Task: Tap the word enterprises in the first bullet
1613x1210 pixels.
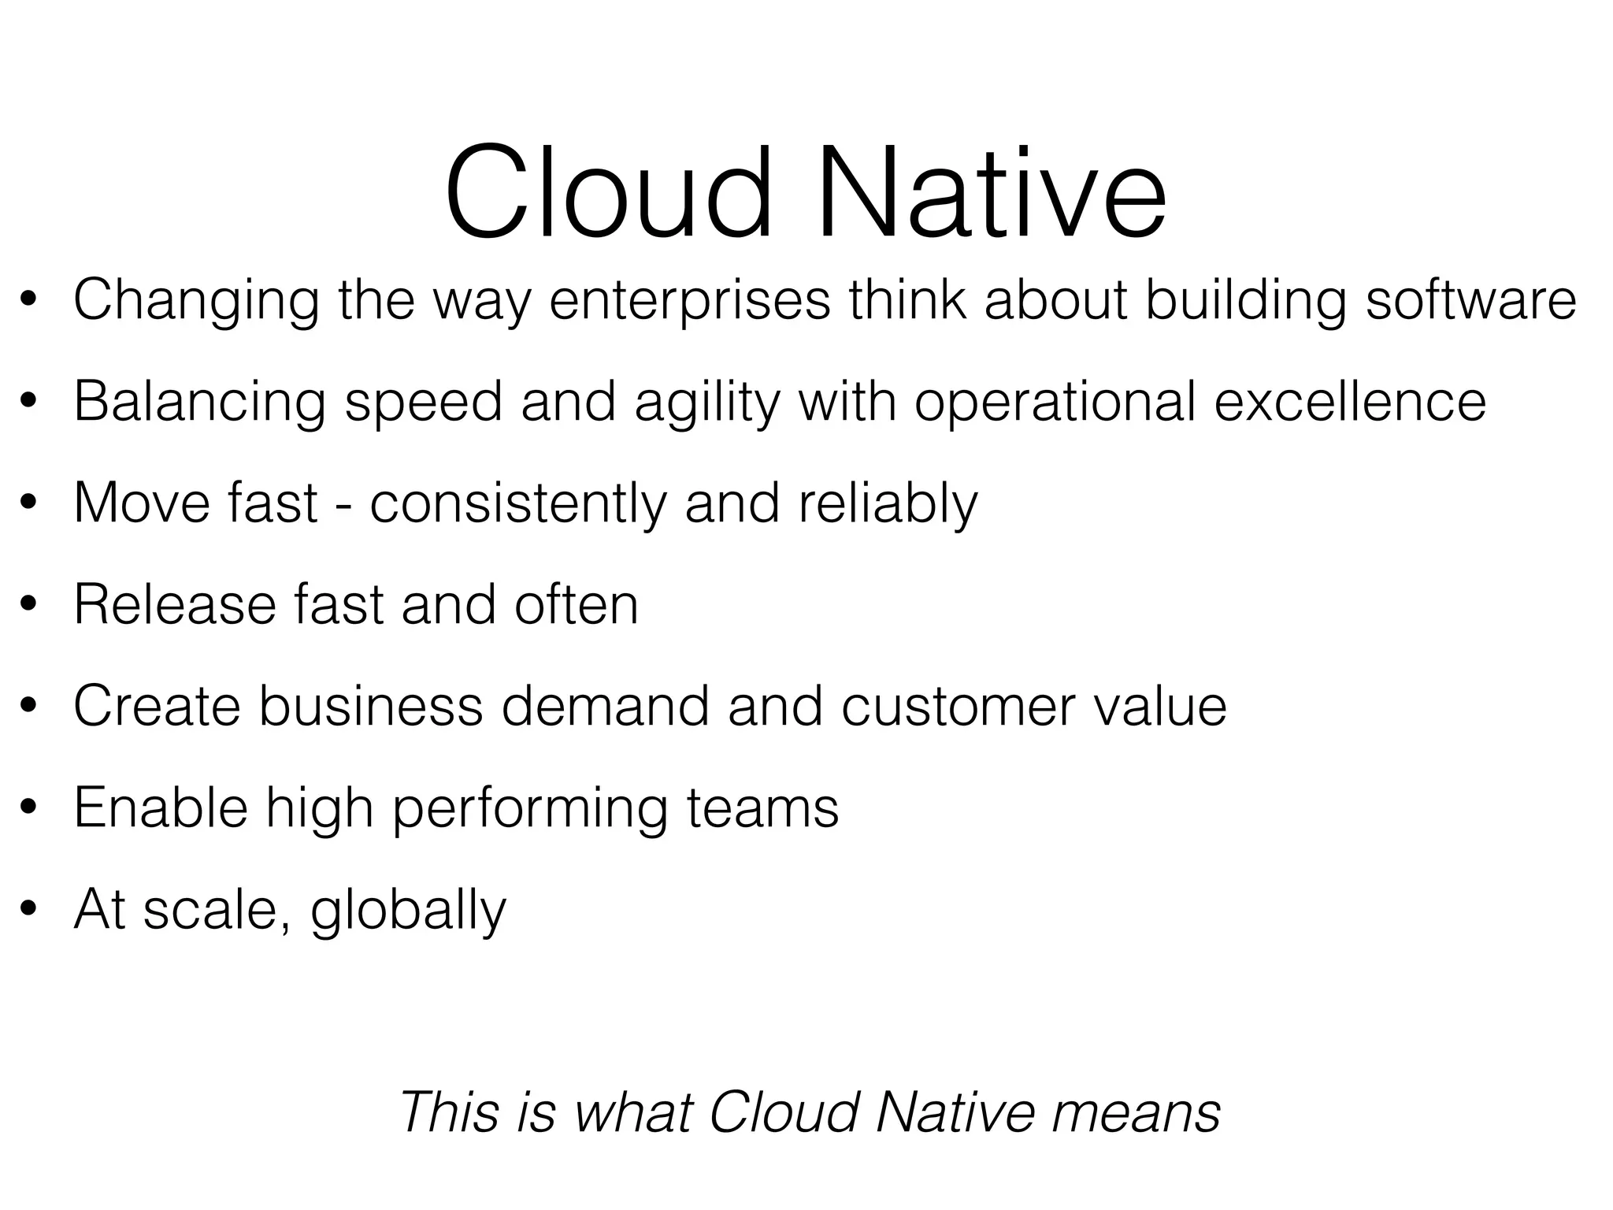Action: point(689,301)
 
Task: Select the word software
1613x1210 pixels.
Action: point(1470,301)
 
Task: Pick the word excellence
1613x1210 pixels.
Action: point(1350,402)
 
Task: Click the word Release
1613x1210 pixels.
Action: point(174,605)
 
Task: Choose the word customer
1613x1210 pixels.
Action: point(957,707)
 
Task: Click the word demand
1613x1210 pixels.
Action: point(605,707)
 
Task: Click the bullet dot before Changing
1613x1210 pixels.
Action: point(29,301)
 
